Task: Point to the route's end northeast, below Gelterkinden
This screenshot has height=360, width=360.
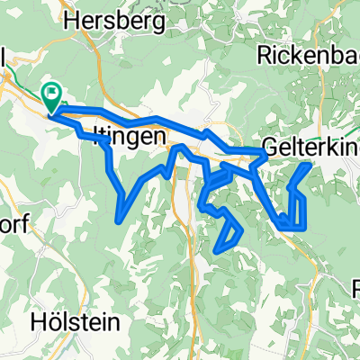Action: pyautogui.click(x=310, y=165)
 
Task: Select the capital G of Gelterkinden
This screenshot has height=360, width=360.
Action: pyautogui.click(x=271, y=146)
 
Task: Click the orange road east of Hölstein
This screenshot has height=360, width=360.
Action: pyautogui.click(x=193, y=297)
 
